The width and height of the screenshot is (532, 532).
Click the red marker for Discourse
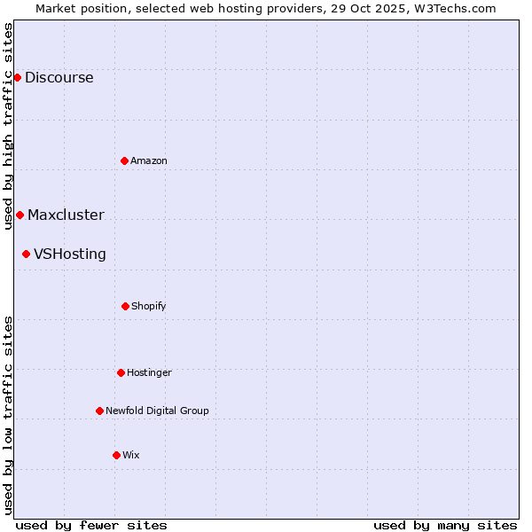17,77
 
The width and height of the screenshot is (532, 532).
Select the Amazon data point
124,160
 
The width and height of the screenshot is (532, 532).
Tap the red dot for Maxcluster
20,215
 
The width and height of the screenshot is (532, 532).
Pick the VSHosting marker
26,254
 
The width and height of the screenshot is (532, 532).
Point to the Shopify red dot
125,306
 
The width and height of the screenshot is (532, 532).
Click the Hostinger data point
121,372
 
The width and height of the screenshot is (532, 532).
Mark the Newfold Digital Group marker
99,411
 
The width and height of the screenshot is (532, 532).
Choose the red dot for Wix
116,455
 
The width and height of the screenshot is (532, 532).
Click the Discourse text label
59,77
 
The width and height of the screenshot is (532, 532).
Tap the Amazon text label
149,160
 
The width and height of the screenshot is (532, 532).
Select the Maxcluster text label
66,215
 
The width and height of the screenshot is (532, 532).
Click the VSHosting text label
70,254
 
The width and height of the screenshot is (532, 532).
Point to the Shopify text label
149,306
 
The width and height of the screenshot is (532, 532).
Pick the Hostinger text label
149,372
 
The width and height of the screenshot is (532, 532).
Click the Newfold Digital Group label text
157,411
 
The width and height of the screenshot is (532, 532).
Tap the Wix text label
131,455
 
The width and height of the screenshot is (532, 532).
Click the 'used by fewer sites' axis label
91,525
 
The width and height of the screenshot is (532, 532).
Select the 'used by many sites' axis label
445,525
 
